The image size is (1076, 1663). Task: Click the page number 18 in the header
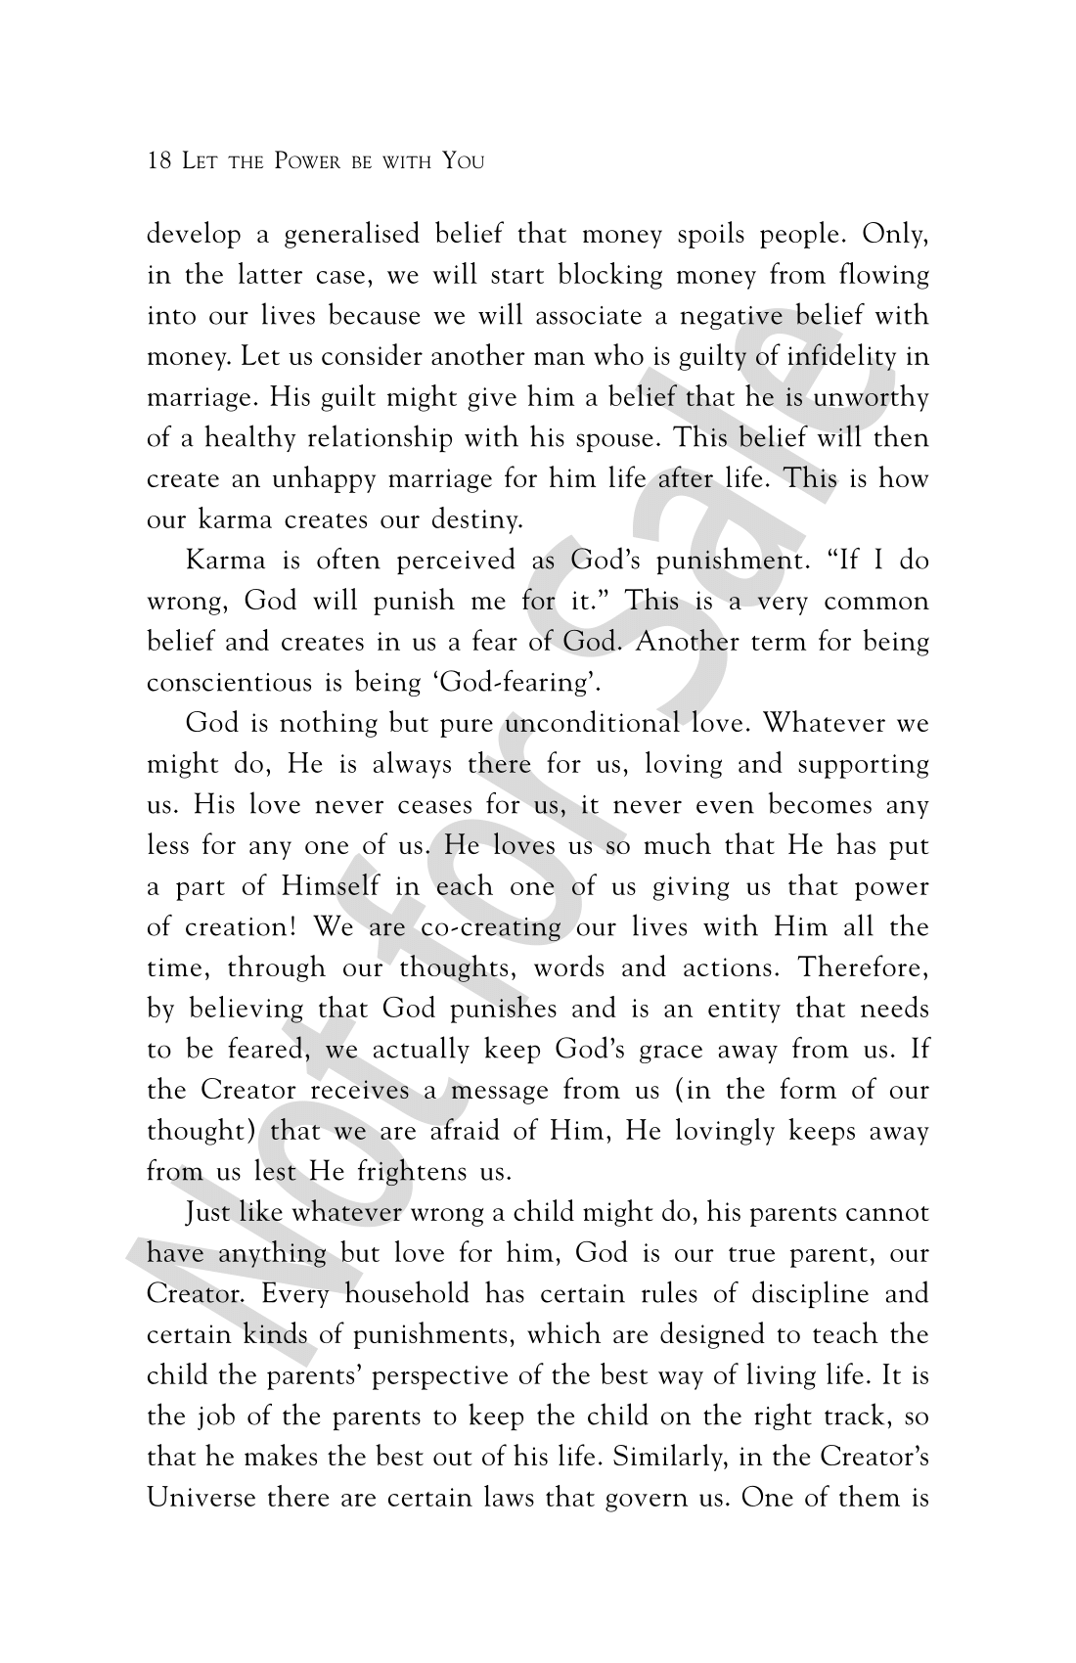159,160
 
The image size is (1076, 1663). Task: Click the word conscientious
230,683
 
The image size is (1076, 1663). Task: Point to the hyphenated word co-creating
491,927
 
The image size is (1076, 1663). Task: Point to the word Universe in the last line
202,1498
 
